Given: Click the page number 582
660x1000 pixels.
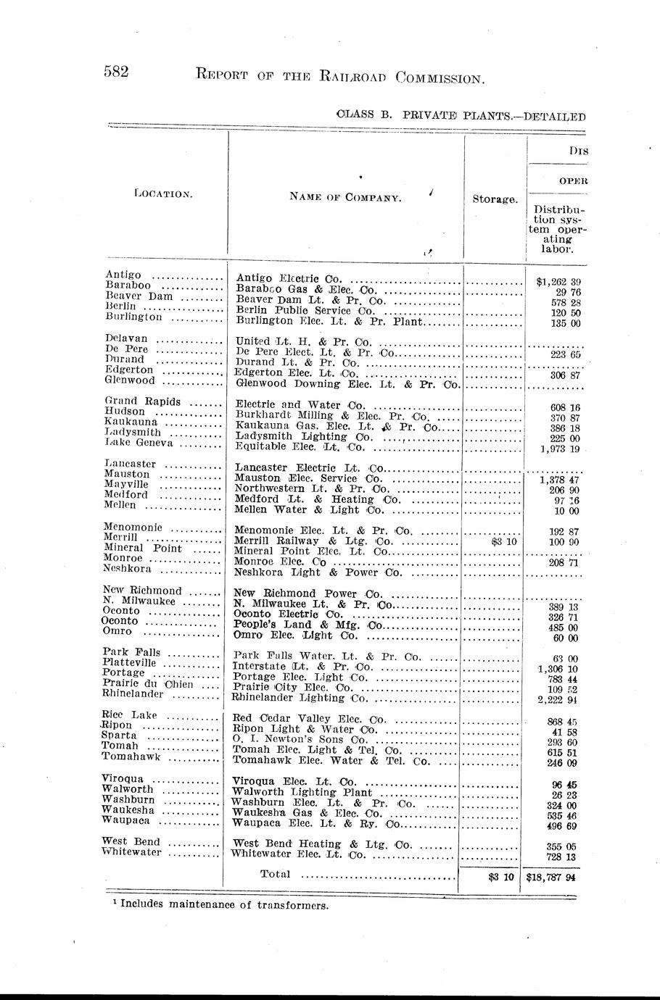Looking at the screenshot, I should [x=117, y=72].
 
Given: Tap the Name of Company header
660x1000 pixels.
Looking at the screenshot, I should [x=345, y=197].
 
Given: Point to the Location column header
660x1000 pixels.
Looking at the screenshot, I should [x=163, y=193].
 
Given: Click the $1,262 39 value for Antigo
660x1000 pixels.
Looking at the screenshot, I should [x=558, y=281].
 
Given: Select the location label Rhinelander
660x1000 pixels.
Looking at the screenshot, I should [x=133, y=693].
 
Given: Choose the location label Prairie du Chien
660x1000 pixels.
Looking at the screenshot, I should [x=149, y=683].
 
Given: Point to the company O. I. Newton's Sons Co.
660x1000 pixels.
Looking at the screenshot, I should [x=299, y=740].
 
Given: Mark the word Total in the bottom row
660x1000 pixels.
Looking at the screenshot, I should [x=275, y=874].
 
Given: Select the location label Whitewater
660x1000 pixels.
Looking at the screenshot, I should [x=132, y=853].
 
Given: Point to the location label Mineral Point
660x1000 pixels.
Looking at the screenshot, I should [x=143, y=548].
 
